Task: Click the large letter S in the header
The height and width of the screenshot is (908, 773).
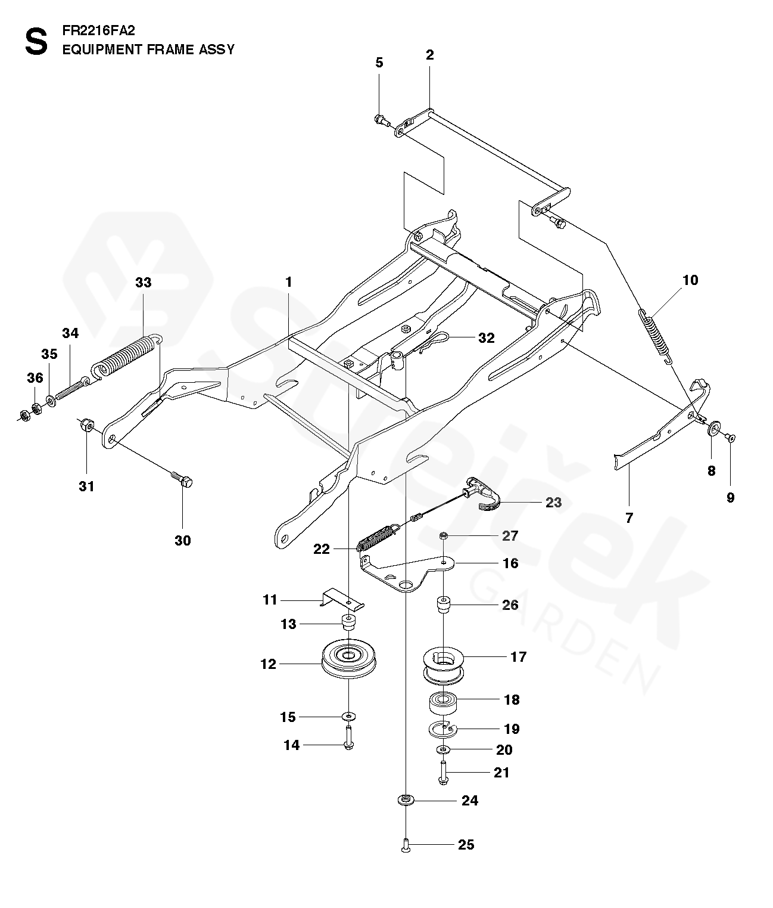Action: pos(36,41)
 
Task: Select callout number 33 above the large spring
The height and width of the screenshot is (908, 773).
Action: pos(144,283)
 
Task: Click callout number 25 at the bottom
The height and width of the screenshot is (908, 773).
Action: pos(466,845)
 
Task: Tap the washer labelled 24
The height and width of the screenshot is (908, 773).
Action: pos(406,800)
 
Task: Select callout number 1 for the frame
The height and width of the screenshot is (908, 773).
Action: pos(289,282)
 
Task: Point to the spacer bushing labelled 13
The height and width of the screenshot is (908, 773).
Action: pos(348,624)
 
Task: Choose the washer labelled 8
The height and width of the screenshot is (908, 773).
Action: pos(715,430)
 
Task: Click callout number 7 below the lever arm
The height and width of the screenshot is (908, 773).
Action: pos(629,517)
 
